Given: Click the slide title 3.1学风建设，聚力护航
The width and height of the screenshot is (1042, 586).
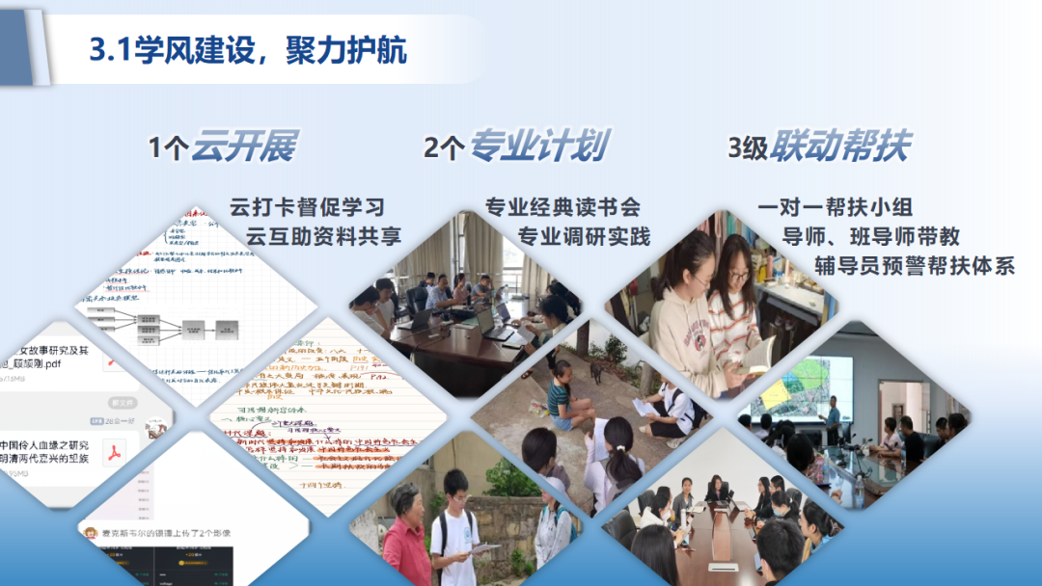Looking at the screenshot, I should point(248,49).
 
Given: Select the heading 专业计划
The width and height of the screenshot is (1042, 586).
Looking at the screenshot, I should point(537,146).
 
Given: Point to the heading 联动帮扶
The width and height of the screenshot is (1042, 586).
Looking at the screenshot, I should point(840,146).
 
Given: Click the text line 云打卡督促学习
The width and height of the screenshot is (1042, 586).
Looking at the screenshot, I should point(307,207).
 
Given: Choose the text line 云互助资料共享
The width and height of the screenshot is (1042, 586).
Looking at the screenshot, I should point(323,236).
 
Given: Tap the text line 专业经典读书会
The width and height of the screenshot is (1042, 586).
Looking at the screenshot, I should point(562,207).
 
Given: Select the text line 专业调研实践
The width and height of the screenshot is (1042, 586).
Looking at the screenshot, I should point(584,236).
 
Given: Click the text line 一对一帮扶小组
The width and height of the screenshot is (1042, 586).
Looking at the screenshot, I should point(836,207).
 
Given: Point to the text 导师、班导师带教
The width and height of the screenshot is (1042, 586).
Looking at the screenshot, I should point(870,236).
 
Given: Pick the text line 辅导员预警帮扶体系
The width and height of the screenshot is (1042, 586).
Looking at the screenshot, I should point(915,266).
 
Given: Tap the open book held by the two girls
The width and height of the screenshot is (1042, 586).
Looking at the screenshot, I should point(758,355).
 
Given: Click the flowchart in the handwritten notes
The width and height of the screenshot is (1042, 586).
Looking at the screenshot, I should point(159,325).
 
